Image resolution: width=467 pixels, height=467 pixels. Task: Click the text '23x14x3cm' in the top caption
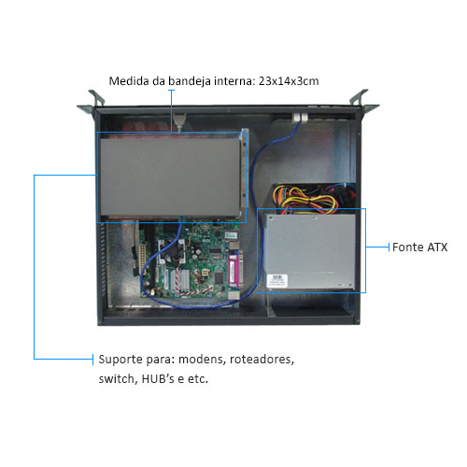[x=289, y=81]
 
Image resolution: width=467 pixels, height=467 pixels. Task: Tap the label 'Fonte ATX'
[x=419, y=248]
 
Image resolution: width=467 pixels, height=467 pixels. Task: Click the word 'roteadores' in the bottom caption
[x=262, y=360]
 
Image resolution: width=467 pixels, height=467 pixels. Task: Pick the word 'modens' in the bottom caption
[x=202, y=360]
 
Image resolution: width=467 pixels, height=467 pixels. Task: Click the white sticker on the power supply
[x=277, y=281]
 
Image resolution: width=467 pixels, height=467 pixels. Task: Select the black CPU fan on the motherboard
[x=172, y=251]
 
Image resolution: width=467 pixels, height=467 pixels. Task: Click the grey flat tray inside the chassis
[x=170, y=177]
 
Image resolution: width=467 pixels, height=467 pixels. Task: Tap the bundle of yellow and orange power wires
[x=305, y=200]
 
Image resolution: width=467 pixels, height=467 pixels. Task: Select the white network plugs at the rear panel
[x=300, y=117]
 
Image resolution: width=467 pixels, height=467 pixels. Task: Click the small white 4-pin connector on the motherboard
[x=205, y=273]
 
